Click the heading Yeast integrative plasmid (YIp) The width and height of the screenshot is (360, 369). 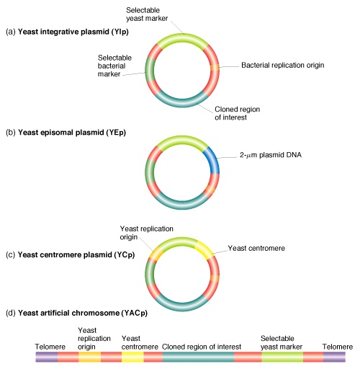(67, 32)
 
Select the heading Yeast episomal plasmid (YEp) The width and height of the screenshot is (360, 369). (66, 133)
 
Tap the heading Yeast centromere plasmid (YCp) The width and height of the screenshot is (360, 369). (70, 254)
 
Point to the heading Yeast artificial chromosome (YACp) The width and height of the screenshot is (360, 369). (76, 313)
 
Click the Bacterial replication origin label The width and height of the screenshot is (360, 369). (283, 65)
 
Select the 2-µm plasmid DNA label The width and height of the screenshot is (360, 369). (271, 155)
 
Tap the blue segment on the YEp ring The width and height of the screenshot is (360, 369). (212, 159)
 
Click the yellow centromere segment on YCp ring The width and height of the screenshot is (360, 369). (204, 250)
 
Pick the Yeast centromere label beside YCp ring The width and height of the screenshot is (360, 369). (256, 248)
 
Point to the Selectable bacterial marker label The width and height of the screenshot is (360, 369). (114, 66)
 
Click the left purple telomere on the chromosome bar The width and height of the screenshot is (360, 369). (47, 357)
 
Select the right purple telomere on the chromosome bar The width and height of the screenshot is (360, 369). (334, 357)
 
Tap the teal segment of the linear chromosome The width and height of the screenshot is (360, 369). (198, 357)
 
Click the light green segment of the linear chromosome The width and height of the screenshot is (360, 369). (282, 357)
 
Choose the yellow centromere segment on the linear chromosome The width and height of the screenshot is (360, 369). (132, 357)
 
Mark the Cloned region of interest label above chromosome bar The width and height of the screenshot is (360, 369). (202, 347)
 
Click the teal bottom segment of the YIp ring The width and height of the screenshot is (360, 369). (181, 103)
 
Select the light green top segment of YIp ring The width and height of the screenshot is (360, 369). (182, 38)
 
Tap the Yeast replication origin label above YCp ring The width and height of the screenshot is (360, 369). (146, 233)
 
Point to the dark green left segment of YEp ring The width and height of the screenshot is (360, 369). (150, 172)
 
